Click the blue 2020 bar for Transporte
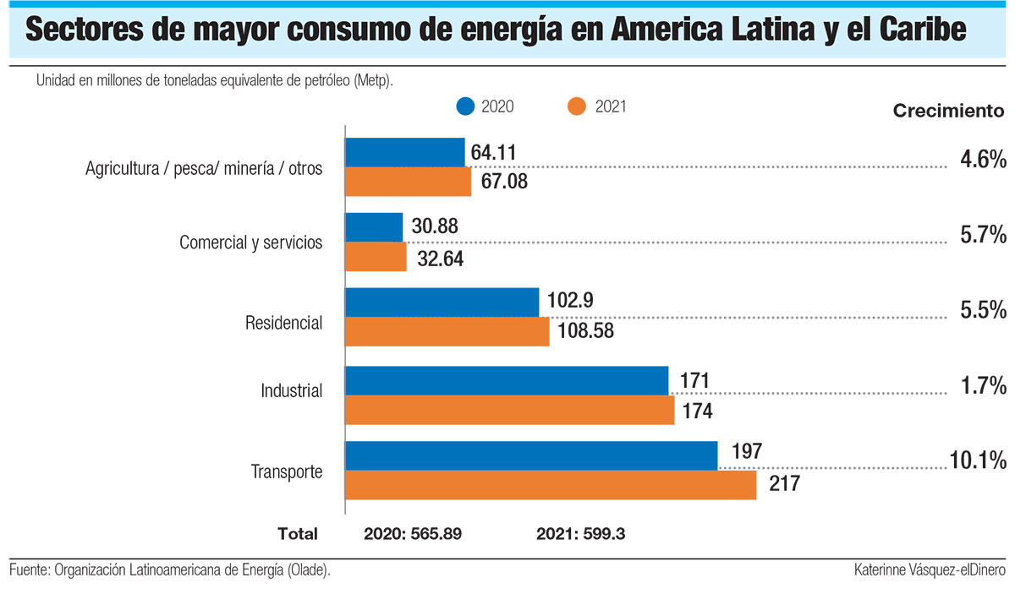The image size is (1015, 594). click(x=531, y=455)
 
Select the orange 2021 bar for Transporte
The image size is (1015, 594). click(x=550, y=485)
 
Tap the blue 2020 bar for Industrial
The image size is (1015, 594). click(x=507, y=380)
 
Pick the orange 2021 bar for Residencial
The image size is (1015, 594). click(x=447, y=331)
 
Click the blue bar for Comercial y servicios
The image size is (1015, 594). click(x=374, y=226)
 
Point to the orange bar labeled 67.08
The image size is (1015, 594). click(x=408, y=181)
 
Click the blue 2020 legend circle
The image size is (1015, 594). click(x=464, y=106)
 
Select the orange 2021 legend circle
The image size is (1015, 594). click(x=578, y=106)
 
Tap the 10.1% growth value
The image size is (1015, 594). click(x=977, y=460)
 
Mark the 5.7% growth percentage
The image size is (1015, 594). click(x=983, y=234)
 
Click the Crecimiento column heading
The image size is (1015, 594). click(x=949, y=111)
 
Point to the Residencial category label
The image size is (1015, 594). click(x=283, y=323)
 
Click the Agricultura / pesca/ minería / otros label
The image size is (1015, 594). click(x=204, y=168)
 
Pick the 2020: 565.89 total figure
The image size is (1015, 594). click(x=413, y=534)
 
